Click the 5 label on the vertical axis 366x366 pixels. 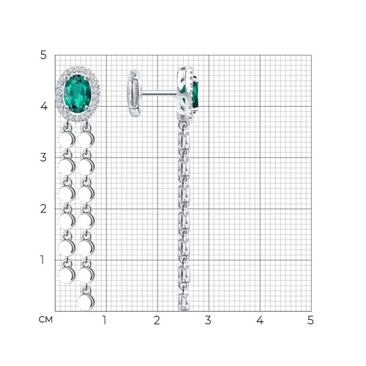[x=43, y=55]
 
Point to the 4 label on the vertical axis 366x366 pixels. [x=44, y=106]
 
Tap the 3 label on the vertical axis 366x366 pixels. [x=43, y=157]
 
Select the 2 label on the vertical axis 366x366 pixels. [x=43, y=209]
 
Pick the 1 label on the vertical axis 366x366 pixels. [x=42, y=260]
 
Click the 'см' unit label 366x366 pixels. [x=45, y=319]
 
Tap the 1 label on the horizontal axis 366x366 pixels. [x=105, y=320]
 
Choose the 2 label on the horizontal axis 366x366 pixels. [x=157, y=320]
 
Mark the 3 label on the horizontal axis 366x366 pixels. [x=208, y=320]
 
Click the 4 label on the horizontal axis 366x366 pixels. [x=260, y=320]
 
